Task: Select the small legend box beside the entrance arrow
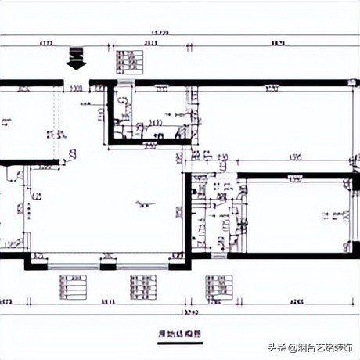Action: [129, 61]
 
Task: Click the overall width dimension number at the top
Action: [161, 33]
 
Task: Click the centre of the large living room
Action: [117, 203]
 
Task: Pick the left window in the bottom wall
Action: [74, 261]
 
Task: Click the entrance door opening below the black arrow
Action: [77, 81]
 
